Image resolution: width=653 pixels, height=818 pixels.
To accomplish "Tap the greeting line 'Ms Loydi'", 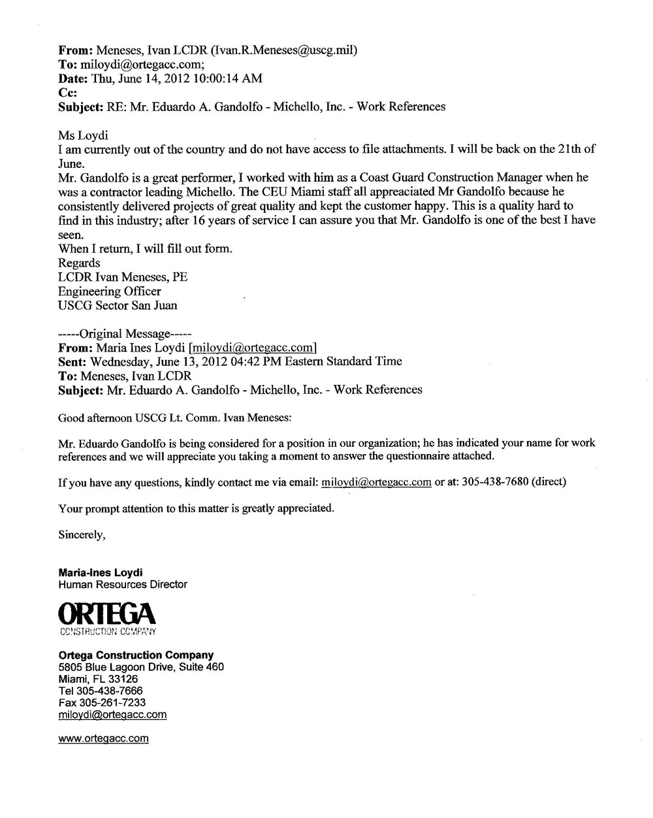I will tap(83, 135).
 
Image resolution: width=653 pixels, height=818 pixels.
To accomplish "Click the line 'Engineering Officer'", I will tap(109, 291).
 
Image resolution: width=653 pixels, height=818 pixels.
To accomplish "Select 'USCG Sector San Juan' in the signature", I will tap(118, 305).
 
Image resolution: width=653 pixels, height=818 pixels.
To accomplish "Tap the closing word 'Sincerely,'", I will tap(82, 534).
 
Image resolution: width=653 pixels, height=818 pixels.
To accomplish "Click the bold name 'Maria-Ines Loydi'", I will tap(101, 572).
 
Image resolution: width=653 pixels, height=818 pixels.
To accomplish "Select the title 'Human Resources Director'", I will tap(123, 585).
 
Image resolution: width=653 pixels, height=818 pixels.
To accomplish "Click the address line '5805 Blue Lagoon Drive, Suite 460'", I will tap(141, 667).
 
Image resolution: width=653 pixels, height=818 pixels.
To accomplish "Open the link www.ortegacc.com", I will tap(103, 738).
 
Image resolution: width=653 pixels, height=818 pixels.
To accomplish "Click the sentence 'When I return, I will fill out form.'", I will tap(145, 249).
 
